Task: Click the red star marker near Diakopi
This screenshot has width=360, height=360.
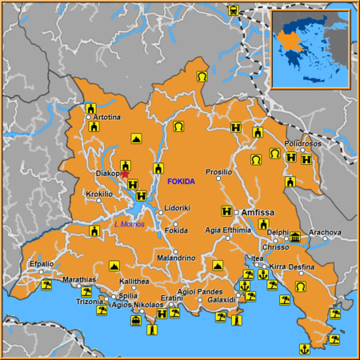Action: pos(125,174)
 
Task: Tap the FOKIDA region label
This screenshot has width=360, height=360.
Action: pos(181,182)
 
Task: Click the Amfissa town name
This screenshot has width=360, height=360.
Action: pos(258,212)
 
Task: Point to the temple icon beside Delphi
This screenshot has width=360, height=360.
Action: pos(295,237)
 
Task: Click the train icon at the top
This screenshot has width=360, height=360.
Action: pos(233,11)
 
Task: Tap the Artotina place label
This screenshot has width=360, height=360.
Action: pos(107,118)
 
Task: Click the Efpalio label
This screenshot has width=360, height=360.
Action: pos(42,264)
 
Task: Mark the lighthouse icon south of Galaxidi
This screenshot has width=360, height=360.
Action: pos(235,321)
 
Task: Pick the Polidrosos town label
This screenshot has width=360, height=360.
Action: pos(302,143)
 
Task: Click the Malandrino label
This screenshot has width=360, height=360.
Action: pos(176,258)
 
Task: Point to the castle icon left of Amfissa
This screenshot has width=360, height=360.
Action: pos(227,211)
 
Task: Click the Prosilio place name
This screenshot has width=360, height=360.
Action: pos(218,172)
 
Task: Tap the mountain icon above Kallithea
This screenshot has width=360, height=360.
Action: pos(114,265)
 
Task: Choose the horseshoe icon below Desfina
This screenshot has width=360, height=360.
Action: pos(301,286)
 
